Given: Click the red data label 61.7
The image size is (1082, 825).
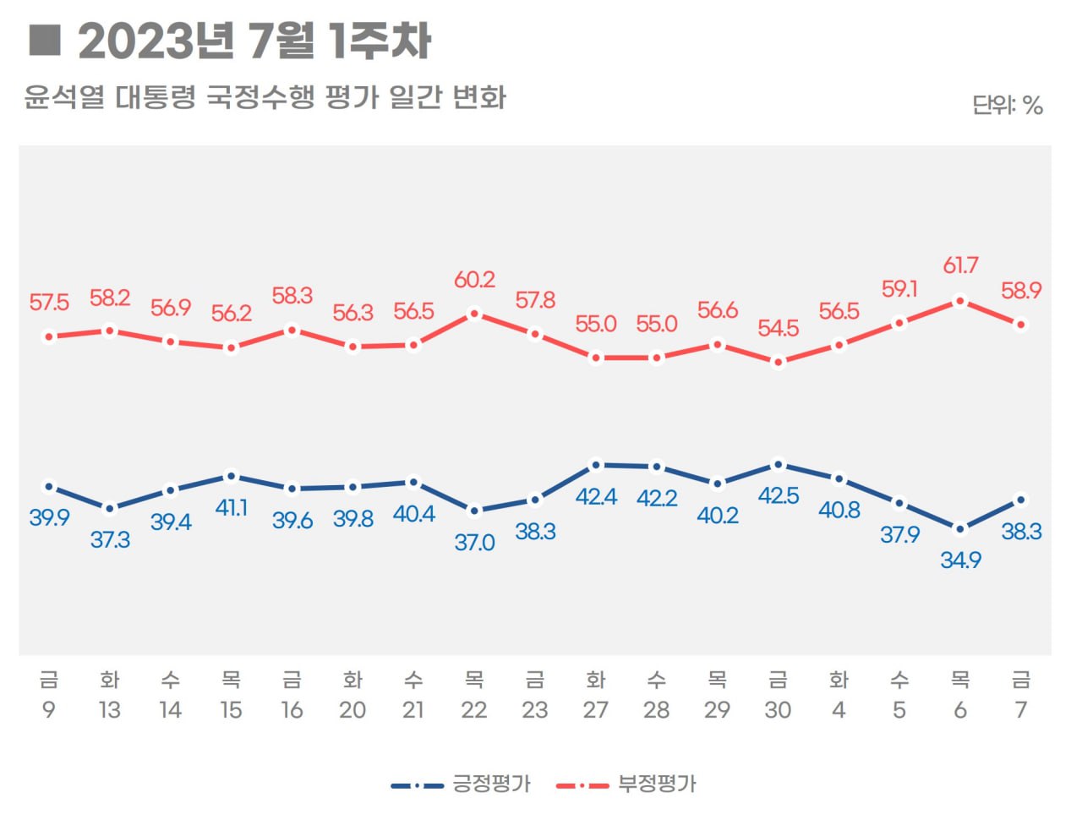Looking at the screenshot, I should pyautogui.click(x=960, y=265).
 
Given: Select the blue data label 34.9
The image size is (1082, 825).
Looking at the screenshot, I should pyautogui.click(x=960, y=560).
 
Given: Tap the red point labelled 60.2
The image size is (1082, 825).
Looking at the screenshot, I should pyautogui.click(x=474, y=314).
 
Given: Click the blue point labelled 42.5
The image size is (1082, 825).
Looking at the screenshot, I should pyautogui.click(x=779, y=464).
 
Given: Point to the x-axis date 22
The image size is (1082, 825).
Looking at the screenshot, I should pyautogui.click(x=474, y=710).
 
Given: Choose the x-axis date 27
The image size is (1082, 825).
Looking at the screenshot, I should pyautogui.click(x=596, y=710).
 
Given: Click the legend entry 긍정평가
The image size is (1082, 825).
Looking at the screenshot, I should pyautogui.click(x=491, y=784).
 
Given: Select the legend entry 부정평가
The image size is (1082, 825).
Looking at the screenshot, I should pyautogui.click(x=657, y=784).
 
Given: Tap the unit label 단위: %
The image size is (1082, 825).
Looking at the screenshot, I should pyautogui.click(x=1007, y=106).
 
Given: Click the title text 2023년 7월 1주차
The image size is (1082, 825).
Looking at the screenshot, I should pyautogui.click(x=254, y=41).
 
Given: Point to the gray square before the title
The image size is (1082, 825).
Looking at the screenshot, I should pyautogui.click(x=45, y=40).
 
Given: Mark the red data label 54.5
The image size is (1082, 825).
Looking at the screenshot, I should pyautogui.click(x=779, y=328).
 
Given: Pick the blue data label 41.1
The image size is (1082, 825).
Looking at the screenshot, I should pyautogui.click(x=232, y=507).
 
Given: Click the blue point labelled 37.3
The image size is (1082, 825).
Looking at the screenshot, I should pyautogui.click(x=110, y=509).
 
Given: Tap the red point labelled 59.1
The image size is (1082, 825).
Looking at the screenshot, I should pyautogui.click(x=899, y=322).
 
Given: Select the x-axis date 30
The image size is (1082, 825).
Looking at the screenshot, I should pyautogui.click(x=779, y=710).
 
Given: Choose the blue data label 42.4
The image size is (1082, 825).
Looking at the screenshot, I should pyautogui.click(x=596, y=497).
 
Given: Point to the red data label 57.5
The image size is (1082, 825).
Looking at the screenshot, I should pyautogui.click(x=49, y=303).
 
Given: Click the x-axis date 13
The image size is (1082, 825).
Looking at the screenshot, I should pyautogui.click(x=110, y=710).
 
